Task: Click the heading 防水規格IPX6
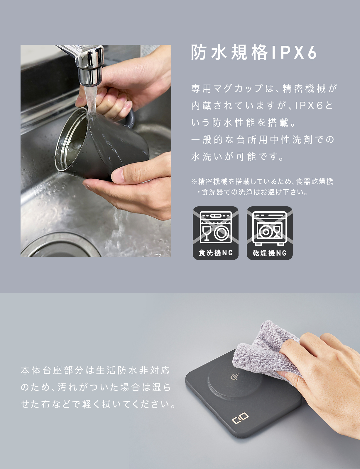pyautogui.click(x=254, y=52)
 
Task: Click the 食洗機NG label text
pyautogui.click(x=216, y=253)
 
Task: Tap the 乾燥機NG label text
pyautogui.click(x=270, y=253)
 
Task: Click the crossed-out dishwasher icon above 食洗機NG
pyautogui.click(x=216, y=227)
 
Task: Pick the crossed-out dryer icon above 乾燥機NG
pyautogui.click(x=270, y=228)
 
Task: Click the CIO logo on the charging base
pyautogui.click(x=240, y=418)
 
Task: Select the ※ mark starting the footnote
pyautogui.click(x=194, y=181)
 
